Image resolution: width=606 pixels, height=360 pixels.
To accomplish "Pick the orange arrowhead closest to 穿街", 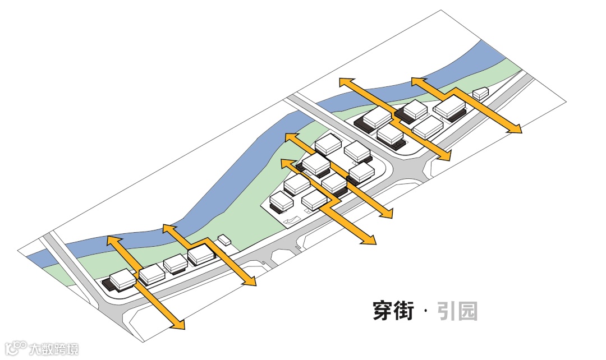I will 368,241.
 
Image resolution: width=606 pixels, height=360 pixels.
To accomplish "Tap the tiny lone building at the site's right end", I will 480,94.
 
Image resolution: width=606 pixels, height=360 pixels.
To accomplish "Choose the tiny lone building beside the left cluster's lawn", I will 224,240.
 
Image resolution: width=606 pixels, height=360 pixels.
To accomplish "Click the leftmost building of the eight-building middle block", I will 281,201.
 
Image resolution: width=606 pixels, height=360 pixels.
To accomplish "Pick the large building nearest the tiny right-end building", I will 449,107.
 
